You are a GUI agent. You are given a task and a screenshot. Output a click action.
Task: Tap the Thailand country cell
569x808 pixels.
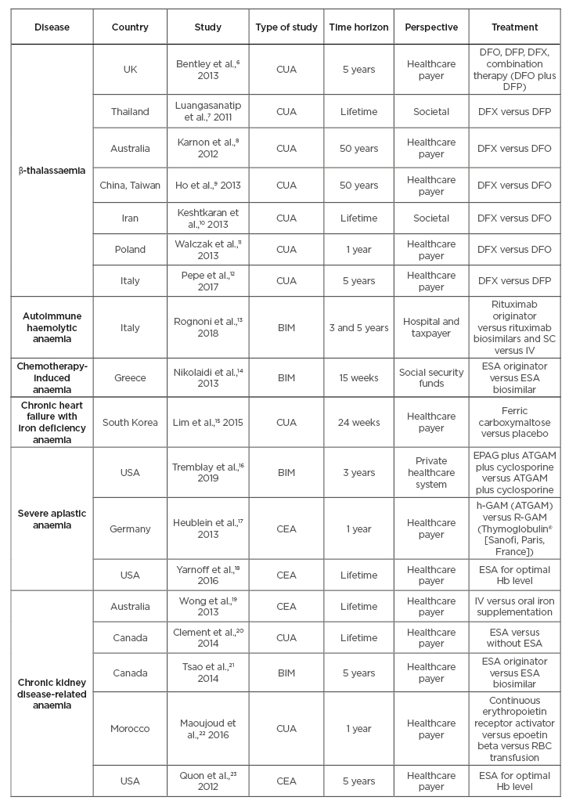pyautogui.click(x=130, y=111)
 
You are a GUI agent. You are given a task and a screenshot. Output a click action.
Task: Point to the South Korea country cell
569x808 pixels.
pyautogui.click(x=130, y=423)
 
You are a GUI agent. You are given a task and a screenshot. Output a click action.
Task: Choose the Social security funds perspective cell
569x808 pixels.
pyautogui.click(x=431, y=377)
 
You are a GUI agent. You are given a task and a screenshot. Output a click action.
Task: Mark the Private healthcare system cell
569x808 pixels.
pyautogui.click(x=431, y=472)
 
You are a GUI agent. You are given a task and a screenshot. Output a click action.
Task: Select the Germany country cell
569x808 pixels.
pyautogui.click(x=130, y=528)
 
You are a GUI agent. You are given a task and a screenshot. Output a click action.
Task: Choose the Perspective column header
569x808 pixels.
pyautogui.click(x=431, y=27)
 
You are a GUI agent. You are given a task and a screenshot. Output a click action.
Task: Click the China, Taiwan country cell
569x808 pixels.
pyautogui.click(x=130, y=186)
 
